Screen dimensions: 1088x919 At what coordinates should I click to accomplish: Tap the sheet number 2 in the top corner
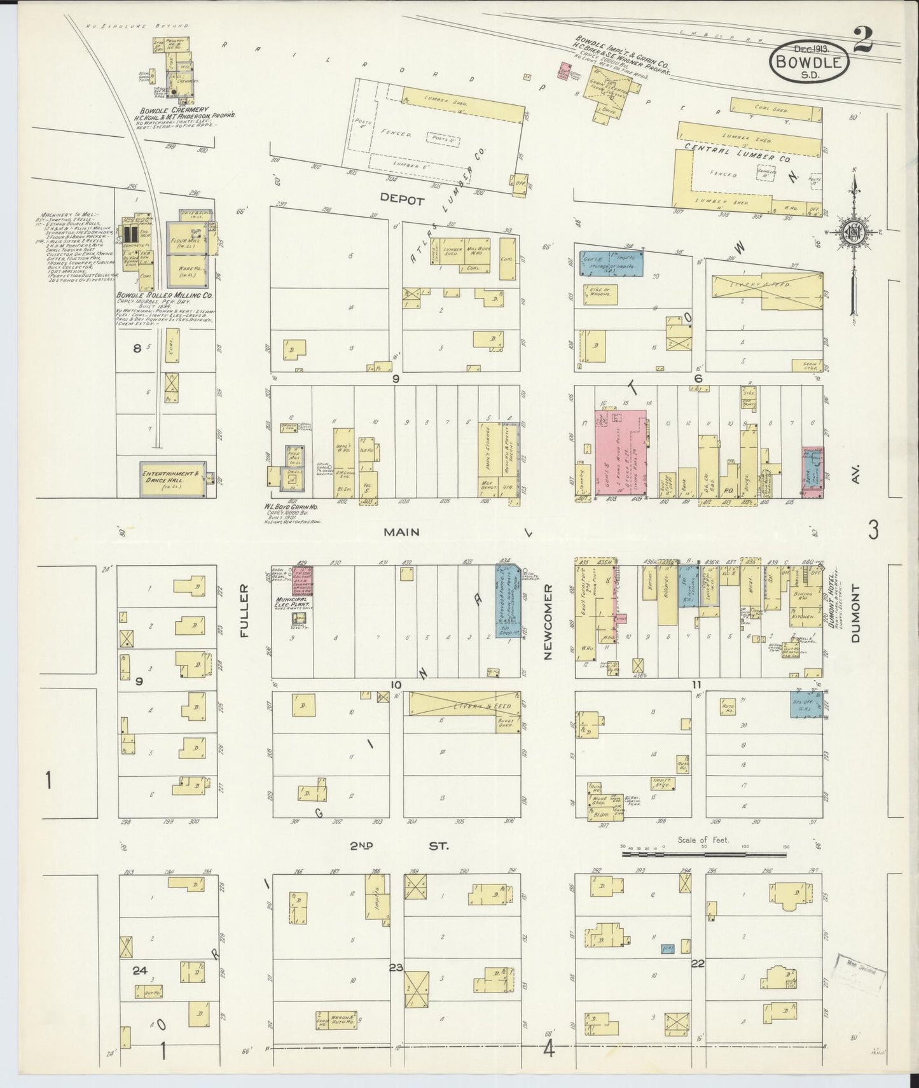tap(862, 42)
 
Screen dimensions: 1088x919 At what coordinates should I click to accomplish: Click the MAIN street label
tap(401, 532)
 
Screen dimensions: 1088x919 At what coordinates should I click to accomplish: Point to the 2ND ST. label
tap(398, 846)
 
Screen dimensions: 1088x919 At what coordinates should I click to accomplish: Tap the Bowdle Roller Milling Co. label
tap(164, 296)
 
